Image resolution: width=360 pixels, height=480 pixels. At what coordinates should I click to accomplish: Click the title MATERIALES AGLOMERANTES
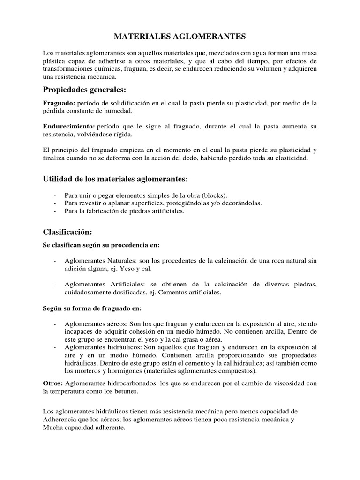[x=180, y=36]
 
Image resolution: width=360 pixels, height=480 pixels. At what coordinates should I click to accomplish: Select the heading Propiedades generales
[x=84, y=90]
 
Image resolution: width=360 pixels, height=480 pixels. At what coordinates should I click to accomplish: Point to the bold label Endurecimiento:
[x=69, y=126]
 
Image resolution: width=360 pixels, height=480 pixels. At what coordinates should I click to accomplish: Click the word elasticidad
[x=288, y=158]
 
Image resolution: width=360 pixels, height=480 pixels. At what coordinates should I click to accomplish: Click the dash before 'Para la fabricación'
[x=56, y=211]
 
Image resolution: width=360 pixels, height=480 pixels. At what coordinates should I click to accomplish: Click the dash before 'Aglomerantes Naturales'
[x=56, y=261]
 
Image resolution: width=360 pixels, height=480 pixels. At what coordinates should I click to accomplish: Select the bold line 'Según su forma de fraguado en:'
[x=92, y=308]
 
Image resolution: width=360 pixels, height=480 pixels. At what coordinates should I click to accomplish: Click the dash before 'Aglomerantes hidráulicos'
[x=56, y=347]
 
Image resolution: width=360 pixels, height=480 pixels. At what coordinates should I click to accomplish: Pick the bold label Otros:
[x=52, y=383]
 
